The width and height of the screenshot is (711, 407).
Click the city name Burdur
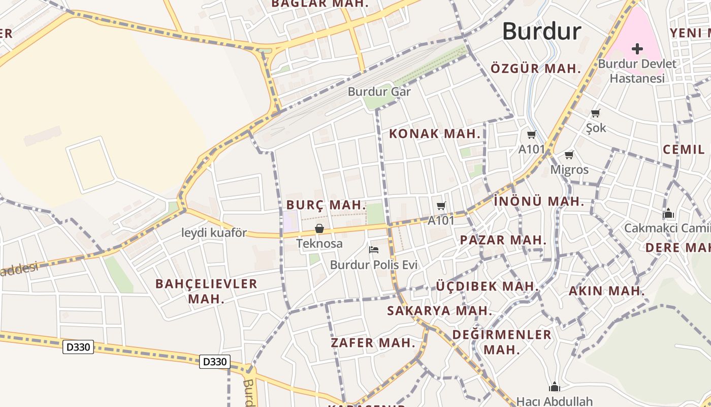(x=541, y=32)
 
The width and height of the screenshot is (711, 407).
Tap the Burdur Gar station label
(x=379, y=92)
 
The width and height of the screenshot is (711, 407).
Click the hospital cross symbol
(x=637, y=49)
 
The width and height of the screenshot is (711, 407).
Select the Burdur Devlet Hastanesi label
(x=637, y=71)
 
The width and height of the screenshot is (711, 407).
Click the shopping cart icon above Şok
(x=596, y=113)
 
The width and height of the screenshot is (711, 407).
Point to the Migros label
(x=569, y=169)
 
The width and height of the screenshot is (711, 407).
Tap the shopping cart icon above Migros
(x=569, y=155)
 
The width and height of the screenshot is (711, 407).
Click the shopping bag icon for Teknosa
(x=319, y=228)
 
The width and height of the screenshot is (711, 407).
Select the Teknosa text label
(x=319, y=244)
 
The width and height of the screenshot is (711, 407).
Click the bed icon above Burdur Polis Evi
(x=374, y=249)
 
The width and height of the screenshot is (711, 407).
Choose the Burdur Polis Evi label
(x=374, y=265)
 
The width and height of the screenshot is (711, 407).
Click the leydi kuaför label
(x=214, y=233)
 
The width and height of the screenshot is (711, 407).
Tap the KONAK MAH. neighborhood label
(x=434, y=134)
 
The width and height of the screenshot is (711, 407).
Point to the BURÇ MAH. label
(x=326, y=205)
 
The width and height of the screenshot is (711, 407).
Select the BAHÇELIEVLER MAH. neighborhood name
(x=206, y=291)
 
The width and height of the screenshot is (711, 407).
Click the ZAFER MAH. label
(x=373, y=343)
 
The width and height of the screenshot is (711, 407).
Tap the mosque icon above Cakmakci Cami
(x=668, y=213)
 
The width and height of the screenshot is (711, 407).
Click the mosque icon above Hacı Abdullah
(x=554, y=387)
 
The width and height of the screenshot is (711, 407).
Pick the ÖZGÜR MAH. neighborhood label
(x=535, y=69)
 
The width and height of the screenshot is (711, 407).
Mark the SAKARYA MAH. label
(x=439, y=310)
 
